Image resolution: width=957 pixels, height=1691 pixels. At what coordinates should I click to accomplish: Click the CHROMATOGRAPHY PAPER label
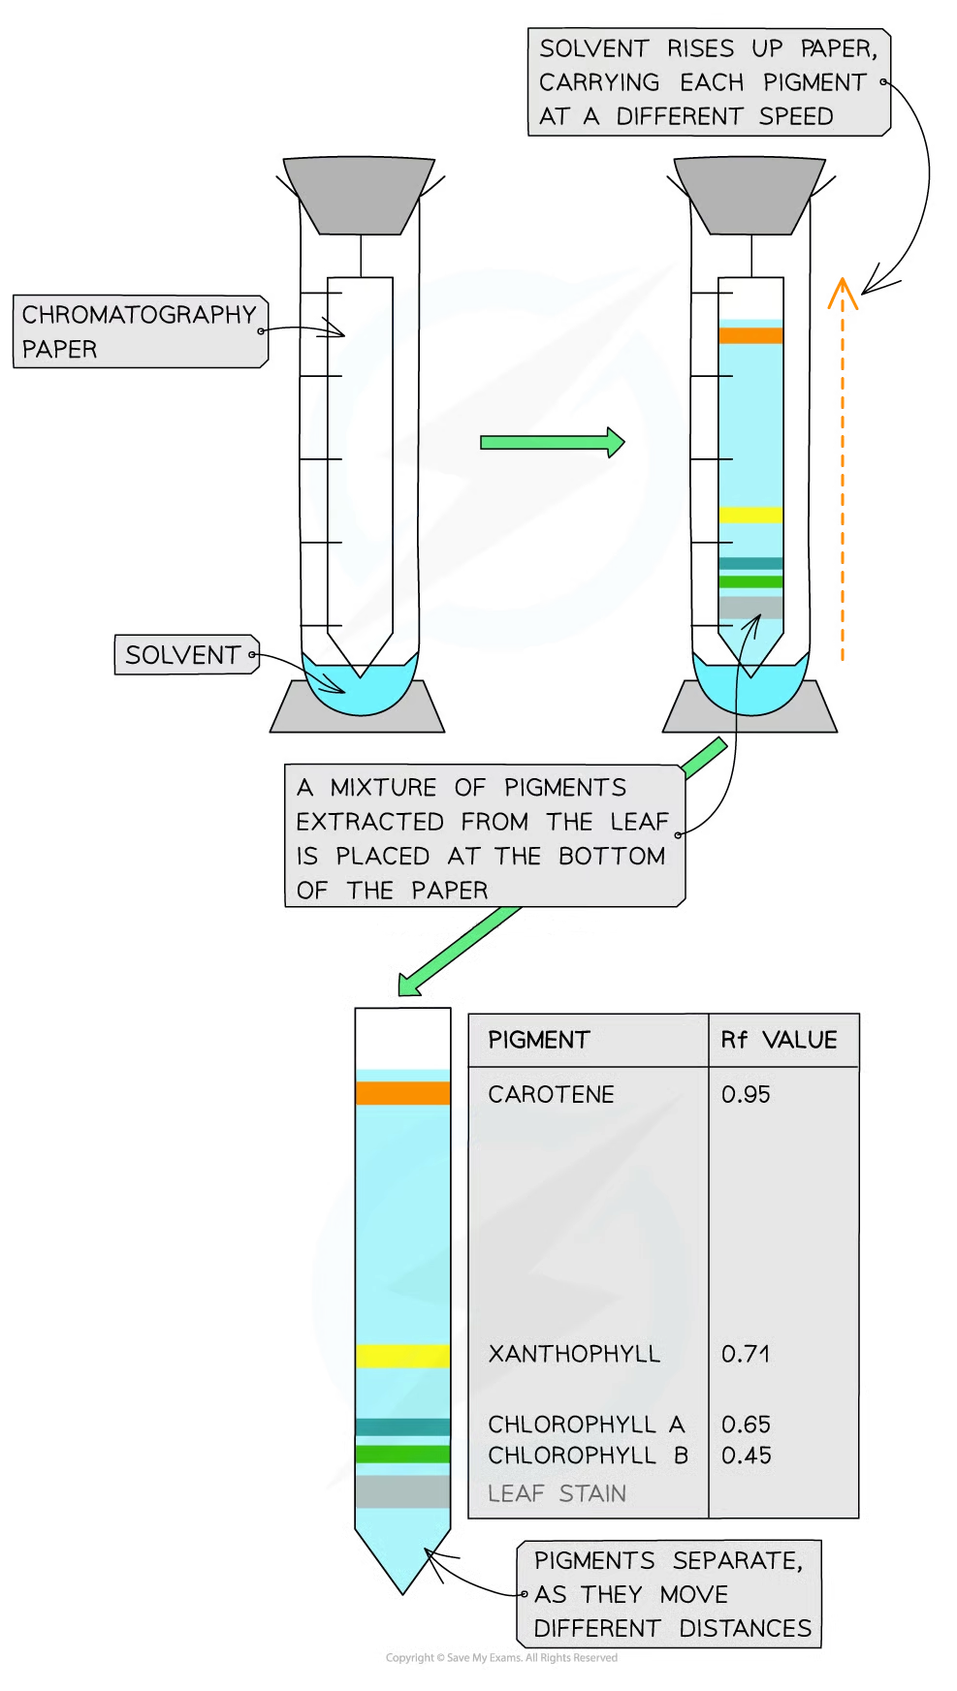pos(139,331)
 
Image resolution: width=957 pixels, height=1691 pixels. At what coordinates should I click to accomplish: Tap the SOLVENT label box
pos(184,655)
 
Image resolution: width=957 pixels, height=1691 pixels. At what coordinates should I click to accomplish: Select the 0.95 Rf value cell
pos(746,1095)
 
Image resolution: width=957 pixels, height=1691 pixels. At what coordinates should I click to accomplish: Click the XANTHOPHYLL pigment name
pos(574,1354)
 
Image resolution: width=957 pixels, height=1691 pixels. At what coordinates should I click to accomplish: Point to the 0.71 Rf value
pos(746,1354)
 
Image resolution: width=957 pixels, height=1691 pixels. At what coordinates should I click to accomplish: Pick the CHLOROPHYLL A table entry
pos(587,1425)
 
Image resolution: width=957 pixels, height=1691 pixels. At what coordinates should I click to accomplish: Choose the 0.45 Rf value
pos(747,1456)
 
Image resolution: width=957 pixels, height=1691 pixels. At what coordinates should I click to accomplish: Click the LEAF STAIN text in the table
pos(557,1493)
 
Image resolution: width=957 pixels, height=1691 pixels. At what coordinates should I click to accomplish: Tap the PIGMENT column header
pos(539,1040)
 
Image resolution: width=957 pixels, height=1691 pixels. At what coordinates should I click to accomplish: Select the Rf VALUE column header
pos(779,1040)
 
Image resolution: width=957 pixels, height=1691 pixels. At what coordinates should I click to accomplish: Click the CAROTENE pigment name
pos(551,1095)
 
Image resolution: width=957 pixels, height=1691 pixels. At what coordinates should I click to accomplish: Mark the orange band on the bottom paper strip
pos(402,1093)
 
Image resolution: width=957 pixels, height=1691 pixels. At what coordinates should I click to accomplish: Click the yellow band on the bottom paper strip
pos(402,1356)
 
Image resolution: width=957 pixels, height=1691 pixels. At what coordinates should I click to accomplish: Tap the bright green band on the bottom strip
pos(402,1454)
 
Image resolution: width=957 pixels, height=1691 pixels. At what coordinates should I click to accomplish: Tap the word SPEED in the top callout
pos(796,117)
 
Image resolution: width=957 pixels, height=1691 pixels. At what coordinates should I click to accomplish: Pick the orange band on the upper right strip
pos(750,335)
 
